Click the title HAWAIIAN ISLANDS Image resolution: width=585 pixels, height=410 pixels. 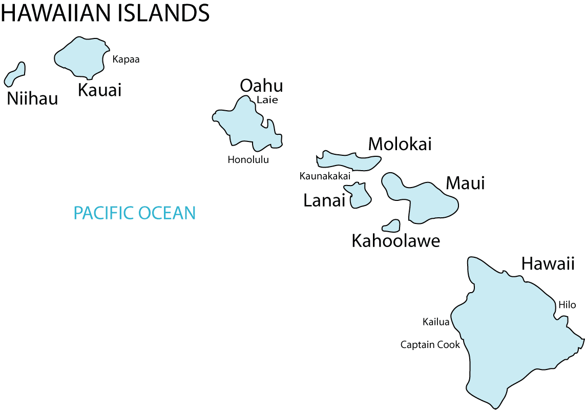(105, 13)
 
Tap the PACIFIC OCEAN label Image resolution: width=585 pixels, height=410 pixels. (135, 213)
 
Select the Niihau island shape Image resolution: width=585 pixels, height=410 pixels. (15, 75)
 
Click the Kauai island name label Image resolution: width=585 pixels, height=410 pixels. (99, 90)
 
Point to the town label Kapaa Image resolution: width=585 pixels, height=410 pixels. (126, 59)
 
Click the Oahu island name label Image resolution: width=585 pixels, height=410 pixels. (261, 85)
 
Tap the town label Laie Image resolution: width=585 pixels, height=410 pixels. (267, 100)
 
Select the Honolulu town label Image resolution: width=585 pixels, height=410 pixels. (248, 159)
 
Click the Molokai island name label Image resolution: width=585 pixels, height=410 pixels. (400, 144)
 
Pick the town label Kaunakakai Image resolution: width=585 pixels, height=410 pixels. (325, 176)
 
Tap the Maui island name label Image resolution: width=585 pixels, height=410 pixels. (465, 183)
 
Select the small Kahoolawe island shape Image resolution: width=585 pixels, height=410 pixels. (392, 225)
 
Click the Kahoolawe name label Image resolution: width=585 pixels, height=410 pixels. (395, 240)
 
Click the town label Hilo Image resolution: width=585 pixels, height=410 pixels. (567, 305)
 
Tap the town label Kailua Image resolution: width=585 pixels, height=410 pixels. (435, 322)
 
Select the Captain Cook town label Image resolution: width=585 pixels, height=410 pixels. (430, 344)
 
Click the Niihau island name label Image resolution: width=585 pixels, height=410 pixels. (32, 99)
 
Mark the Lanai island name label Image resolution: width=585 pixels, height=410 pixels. (324, 200)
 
